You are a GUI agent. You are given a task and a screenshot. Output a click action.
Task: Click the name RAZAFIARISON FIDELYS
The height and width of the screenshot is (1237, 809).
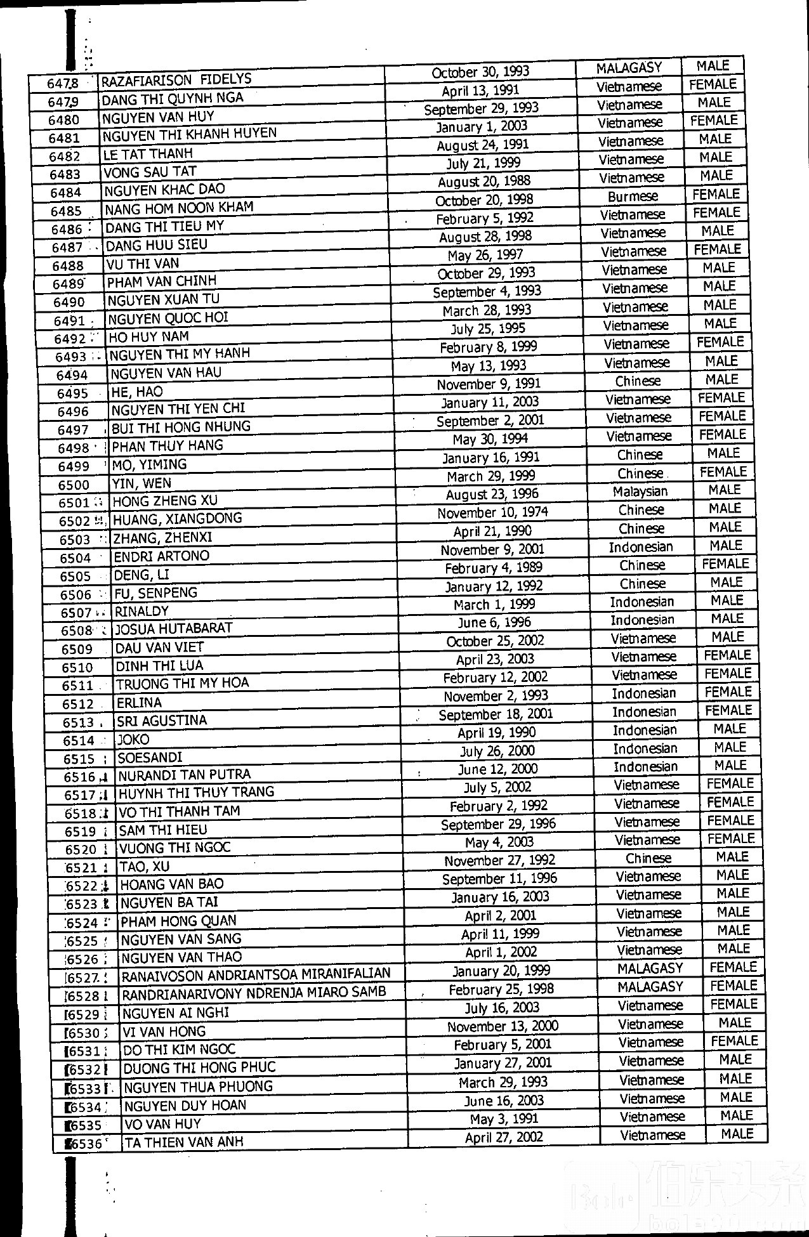tap(176, 80)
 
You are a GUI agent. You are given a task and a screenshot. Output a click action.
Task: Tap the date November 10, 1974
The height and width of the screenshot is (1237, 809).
tap(492, 513)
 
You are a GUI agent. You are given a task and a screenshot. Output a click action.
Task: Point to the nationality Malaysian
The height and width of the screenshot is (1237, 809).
tap(640, 492)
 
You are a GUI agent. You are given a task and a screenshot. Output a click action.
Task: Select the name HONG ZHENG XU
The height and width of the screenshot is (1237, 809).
tap(165, 501)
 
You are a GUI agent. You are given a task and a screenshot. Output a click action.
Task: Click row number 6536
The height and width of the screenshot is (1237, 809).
tap(85, 1144)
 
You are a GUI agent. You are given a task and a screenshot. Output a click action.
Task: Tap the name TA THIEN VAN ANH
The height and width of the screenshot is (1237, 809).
tap(185, 1142)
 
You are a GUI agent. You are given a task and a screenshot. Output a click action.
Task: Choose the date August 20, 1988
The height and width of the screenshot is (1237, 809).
tap(484, 181)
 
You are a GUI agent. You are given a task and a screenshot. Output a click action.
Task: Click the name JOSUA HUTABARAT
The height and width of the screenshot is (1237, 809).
tap(174, 629)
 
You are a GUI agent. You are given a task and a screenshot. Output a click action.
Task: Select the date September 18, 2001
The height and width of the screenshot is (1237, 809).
tap(496, 714)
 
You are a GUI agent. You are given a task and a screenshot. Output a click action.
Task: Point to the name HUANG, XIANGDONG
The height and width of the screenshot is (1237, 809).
tap(178, 519)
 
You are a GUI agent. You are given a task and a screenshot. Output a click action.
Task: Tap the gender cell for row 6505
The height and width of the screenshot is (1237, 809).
tap(725, 564)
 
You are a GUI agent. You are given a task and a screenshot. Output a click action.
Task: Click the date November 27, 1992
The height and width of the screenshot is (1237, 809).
tap(499, 861)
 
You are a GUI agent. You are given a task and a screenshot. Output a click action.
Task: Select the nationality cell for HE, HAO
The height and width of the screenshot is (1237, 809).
tap(638, 381)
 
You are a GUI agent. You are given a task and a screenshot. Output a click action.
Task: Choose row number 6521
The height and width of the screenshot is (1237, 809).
tap(81, 868)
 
